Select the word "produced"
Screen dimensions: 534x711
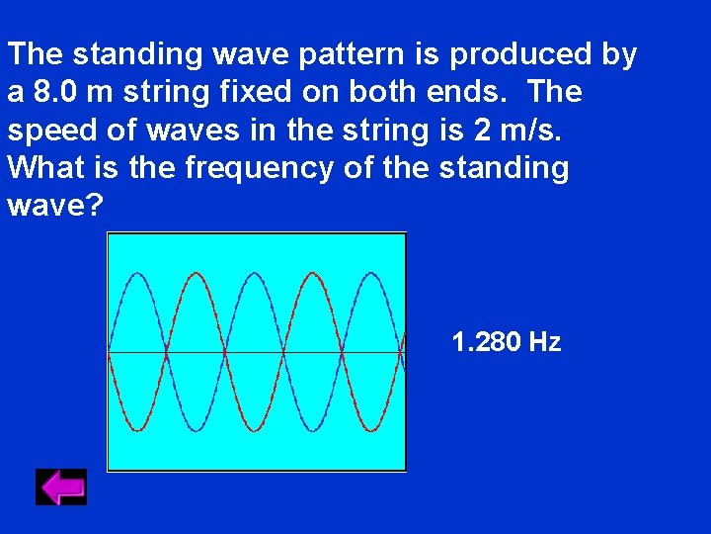click(517, 54)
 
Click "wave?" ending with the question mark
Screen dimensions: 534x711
click(54, 206)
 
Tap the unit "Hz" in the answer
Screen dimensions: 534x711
click(545, 342)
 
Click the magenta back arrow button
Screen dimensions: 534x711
click(61, 487)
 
